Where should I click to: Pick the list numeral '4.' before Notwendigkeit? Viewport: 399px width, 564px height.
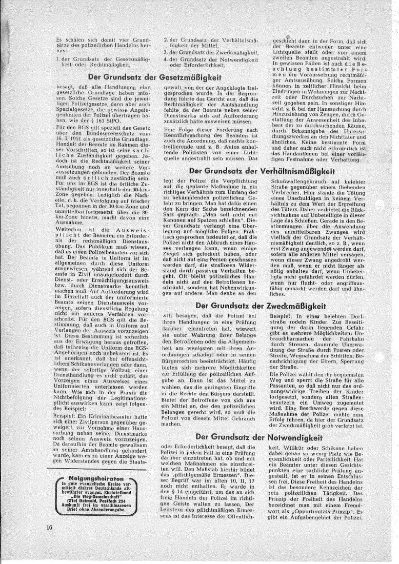coord(166,61)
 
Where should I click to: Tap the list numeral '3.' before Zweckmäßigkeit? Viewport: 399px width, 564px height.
coord(166,53)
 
